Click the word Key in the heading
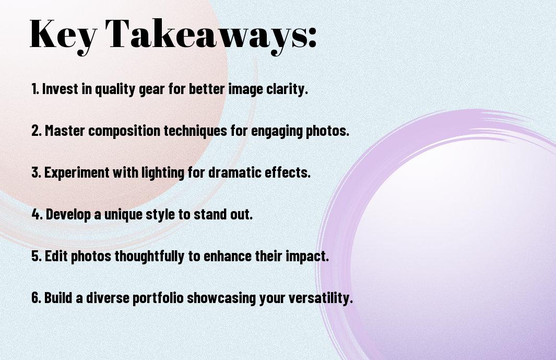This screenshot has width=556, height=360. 62,34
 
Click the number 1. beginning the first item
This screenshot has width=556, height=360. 35,89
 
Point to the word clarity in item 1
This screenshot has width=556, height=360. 288,89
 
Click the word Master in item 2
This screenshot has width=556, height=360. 65,131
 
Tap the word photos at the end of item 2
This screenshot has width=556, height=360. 330,131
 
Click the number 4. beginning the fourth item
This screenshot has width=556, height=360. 37,214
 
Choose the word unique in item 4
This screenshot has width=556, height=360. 124,215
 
